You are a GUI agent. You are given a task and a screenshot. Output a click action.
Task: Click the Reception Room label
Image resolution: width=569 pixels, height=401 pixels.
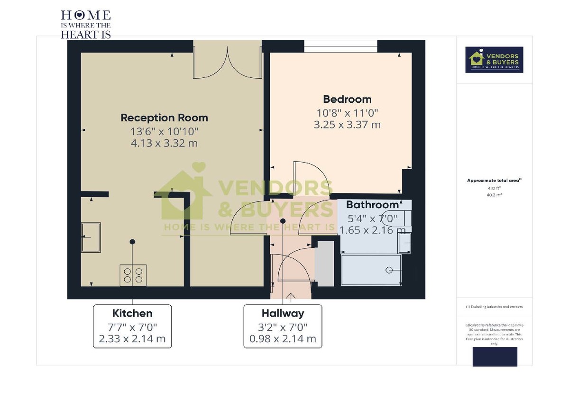(x=164, y=118)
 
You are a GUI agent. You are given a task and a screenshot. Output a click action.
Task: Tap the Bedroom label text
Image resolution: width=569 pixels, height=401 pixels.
(x=347, y=99)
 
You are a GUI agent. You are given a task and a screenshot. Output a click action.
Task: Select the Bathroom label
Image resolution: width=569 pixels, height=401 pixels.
(x=372, y=205)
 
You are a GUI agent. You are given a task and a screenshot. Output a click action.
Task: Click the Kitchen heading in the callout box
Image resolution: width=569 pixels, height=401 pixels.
(x=132, y=313)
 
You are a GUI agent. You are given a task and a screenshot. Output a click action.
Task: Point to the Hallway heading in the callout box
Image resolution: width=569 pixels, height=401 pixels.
(x=283, y=313)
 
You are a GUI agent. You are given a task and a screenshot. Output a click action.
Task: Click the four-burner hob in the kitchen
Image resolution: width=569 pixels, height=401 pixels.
(x=133, y=275)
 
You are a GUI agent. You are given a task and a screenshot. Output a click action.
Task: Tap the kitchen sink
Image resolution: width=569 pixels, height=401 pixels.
(x=91, y=237)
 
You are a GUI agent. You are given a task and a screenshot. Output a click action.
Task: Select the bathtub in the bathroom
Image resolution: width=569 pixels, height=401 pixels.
(x=371, y=270)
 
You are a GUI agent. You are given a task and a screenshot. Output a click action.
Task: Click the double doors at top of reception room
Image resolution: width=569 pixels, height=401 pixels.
(x=228, y=61)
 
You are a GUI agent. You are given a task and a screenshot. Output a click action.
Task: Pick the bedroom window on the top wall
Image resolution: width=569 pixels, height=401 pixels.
(x=340, y=46)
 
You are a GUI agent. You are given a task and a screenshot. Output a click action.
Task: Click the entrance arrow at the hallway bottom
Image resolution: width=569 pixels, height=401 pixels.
(x=290, y=297)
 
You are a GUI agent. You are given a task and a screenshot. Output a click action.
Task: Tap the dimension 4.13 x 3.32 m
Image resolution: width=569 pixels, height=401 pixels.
(x=164, y=143)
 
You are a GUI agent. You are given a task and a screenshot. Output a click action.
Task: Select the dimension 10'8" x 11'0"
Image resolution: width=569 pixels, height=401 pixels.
(x=347, y=113)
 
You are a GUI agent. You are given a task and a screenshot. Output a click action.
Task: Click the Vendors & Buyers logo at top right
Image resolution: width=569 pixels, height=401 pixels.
(x=494, y=59)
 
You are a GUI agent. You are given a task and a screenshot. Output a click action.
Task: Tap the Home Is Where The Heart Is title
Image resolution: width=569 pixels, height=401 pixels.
(x=86, y=24)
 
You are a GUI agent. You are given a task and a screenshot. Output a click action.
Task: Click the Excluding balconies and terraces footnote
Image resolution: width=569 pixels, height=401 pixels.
(x=494, y=307)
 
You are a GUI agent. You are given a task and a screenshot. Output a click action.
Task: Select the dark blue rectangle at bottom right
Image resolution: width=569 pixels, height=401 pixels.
(x=495, y=356)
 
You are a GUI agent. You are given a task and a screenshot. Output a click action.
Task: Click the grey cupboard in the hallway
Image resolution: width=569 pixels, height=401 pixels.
(x=325, y=263)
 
